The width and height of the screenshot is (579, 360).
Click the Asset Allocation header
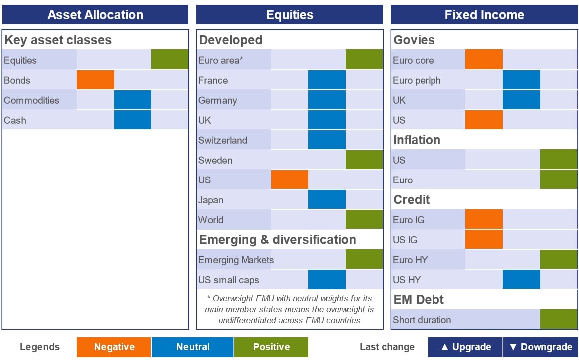coord(95,15)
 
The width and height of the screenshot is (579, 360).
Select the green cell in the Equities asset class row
coord(170,59)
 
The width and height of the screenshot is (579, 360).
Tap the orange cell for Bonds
coord(95,80)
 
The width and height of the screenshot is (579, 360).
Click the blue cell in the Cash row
coord(133,119)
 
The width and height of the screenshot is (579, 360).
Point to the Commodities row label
coord(31,100)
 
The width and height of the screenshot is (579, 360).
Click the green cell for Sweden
coord(364,159)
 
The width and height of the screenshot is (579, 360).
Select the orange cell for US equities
coord(289,180)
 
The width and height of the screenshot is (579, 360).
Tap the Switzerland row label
coord(222,140)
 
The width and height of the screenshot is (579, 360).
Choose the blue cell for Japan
coord(327,199)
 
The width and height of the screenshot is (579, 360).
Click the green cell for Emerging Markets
coord(364,259)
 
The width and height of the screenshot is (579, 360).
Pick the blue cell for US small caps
coord(327,279)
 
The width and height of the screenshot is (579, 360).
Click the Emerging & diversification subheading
coord(278,239)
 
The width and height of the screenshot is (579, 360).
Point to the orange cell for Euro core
coord(484,59)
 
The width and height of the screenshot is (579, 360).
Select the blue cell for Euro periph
coord(521,80)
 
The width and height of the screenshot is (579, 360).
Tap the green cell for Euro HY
coord(559,259)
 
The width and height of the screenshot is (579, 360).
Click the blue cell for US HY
coord(521,279)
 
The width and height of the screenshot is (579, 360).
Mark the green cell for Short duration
coord(559,319)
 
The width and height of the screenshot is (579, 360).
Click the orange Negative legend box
coord(114,347)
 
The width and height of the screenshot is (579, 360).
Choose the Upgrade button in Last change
coord(465,347)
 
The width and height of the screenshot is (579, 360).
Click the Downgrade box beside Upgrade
coord(541,347)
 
